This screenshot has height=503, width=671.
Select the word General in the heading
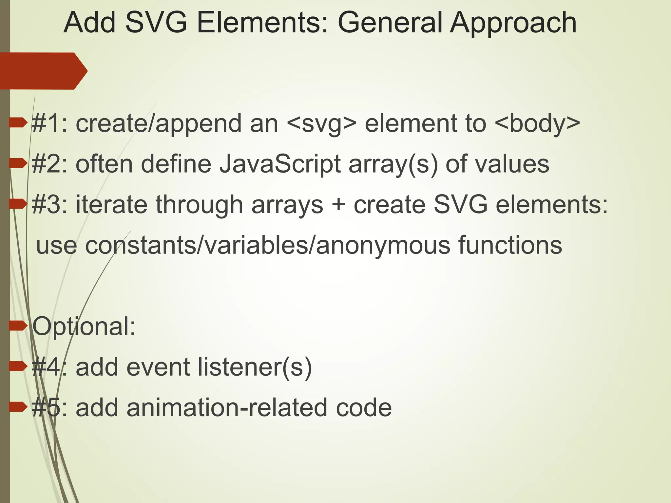[390, 23]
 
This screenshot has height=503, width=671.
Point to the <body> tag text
[537, 124]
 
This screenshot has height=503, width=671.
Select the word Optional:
[84, 327]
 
